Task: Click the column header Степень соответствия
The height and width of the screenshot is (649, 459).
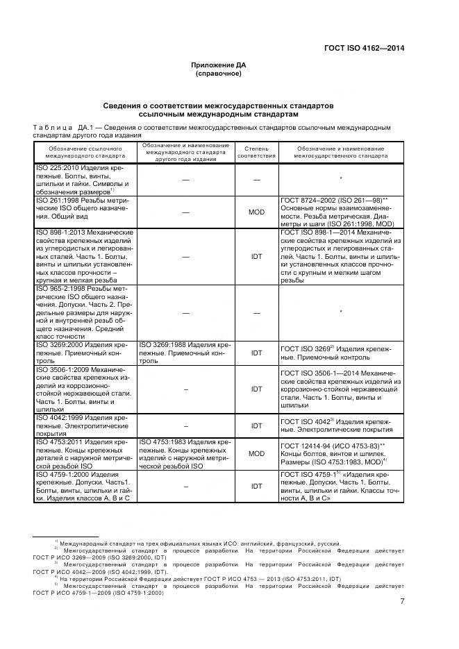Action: [x=256, y=152]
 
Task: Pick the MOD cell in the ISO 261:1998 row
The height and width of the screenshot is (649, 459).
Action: [x=256, y=212]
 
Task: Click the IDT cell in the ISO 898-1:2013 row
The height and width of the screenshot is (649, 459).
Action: [x=256, y=255]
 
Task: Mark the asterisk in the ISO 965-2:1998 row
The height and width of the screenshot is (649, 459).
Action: [x=342, y=312]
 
